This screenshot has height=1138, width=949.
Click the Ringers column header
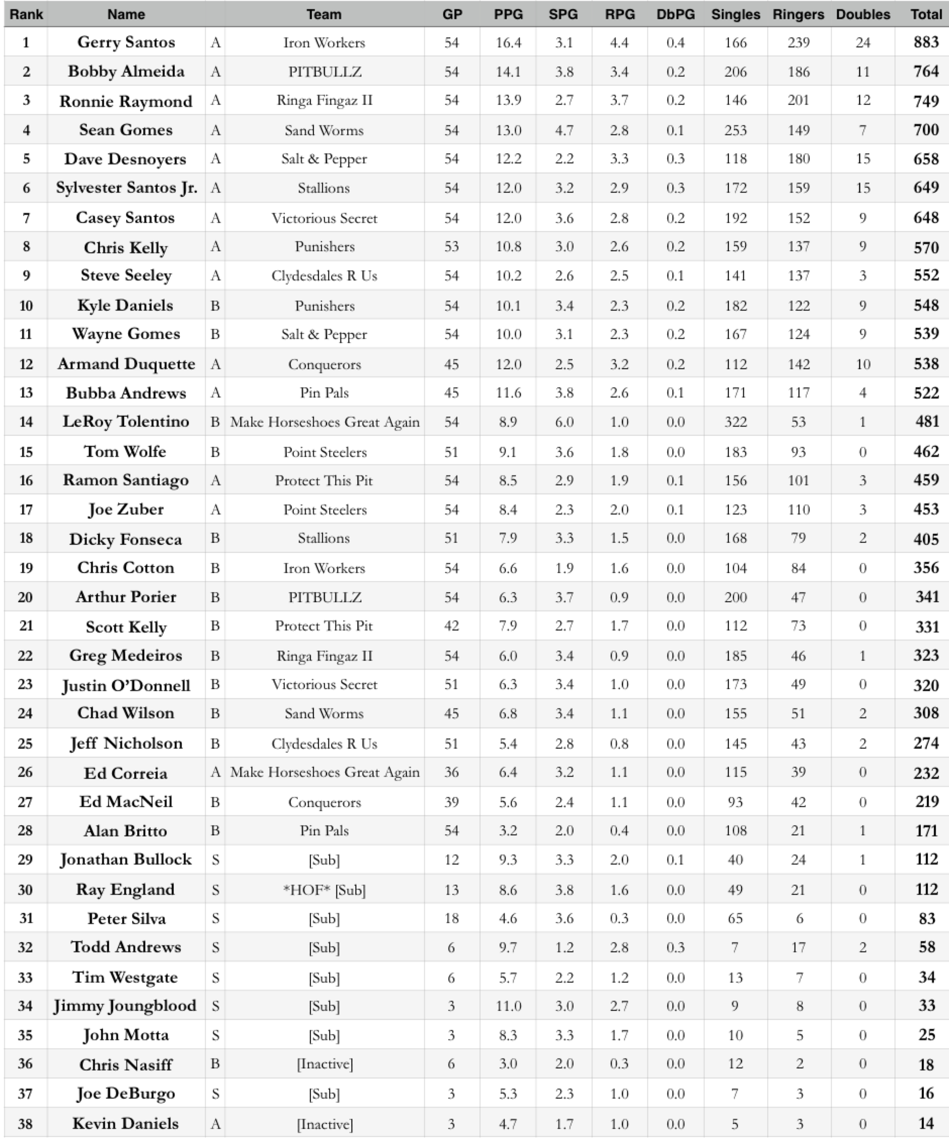(798, 15)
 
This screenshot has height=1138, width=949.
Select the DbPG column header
(675, 15)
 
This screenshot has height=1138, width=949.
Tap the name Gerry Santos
(126, 42)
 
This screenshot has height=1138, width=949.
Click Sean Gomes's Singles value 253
(735, 130)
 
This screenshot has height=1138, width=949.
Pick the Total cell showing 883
(926, 42)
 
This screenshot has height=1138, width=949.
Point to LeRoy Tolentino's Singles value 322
(735, 422)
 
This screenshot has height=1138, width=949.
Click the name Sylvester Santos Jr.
(126, 188)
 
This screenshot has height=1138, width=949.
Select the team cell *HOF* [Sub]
(324, 890)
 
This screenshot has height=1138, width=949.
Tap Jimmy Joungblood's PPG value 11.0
(508, 1006)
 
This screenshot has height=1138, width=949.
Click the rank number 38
(26, 1123)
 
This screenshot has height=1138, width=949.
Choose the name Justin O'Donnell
(126, 685)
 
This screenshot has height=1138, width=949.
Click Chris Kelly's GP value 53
(451, 247)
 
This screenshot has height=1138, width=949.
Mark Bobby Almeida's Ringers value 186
(798, 72)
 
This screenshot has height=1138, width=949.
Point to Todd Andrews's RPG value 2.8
(619, 948)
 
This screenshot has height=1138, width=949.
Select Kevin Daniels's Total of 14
(926, 1123)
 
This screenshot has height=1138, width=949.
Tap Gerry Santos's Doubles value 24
(863, 42)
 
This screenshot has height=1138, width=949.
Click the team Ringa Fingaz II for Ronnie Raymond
(324, 101)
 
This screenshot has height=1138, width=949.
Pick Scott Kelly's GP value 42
(451, 626)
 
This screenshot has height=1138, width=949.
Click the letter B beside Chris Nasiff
(215, 1064)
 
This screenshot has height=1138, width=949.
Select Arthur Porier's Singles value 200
(735, 597)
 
